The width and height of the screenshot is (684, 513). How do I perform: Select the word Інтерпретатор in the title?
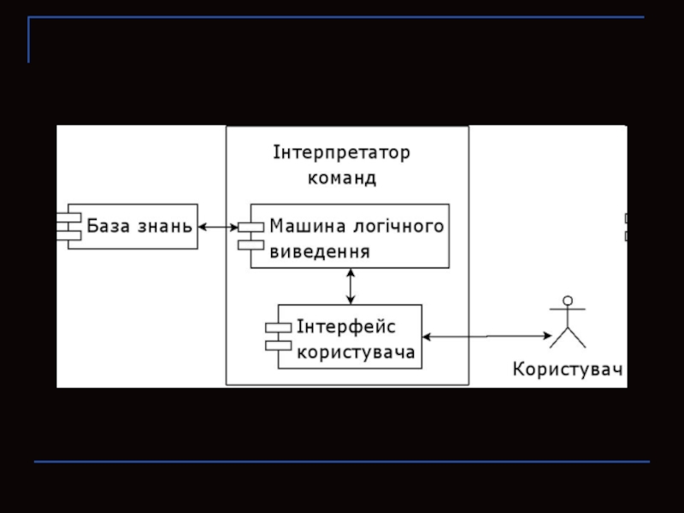342,154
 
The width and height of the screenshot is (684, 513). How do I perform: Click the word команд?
342,180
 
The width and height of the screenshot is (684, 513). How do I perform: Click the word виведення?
320,252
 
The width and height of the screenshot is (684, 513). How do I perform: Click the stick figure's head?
565,301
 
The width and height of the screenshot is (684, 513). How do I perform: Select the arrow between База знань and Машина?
218,227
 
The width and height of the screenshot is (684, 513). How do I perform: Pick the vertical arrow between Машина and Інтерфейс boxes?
351,286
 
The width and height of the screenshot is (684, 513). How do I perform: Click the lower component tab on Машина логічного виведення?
251,245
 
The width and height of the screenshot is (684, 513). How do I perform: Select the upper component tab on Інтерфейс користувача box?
278,327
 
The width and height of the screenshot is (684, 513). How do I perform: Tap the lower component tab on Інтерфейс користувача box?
278,345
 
